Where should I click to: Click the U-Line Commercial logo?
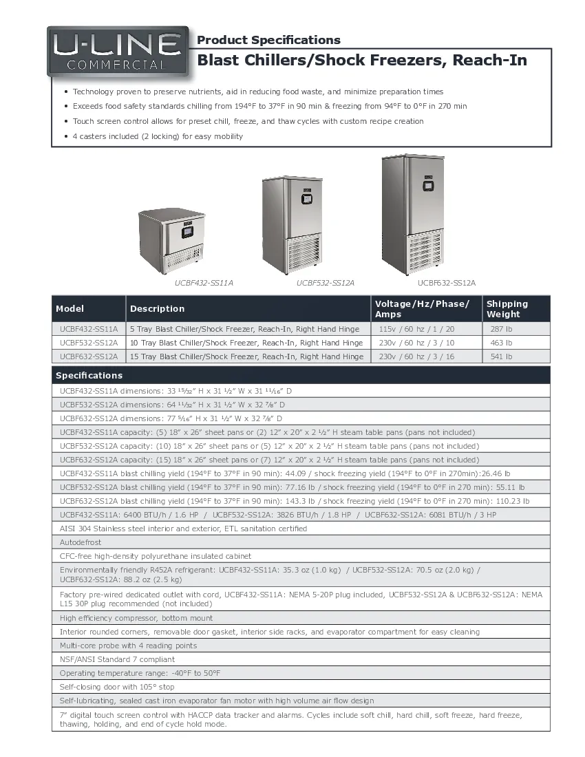click(118, 52)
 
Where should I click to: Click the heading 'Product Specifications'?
click(268, 40)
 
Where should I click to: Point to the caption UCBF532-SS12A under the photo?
click(326, 283)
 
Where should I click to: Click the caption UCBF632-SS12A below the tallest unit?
click(447, 283)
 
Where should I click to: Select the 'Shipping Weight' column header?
click(507, 308)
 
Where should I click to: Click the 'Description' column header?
click(158, 309)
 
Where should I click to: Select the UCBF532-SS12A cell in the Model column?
click(88, 343)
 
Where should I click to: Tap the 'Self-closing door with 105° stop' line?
click(117, 687)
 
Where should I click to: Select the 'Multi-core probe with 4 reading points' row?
click(128, 646)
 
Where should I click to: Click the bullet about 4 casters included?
click(158, 136)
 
